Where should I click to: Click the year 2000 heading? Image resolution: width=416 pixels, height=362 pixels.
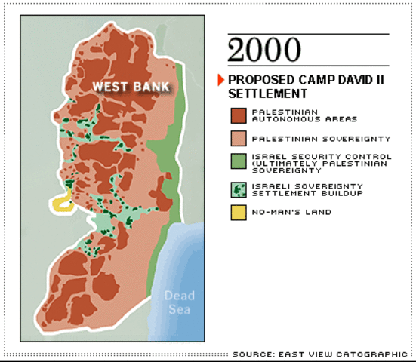click(263, 50)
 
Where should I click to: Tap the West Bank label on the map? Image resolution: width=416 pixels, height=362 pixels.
click(127, 87)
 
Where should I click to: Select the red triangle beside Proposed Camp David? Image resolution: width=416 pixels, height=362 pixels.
click(221, 79)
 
